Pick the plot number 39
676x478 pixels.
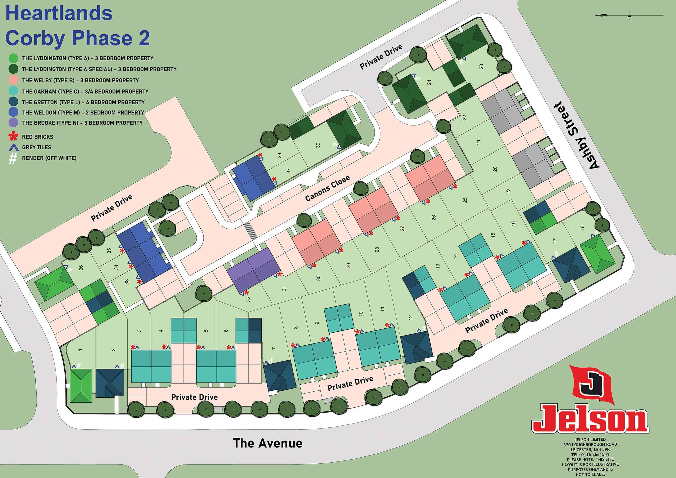(x=318, y=145)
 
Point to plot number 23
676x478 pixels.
(x=481, y=67)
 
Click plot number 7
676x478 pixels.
(x=274, y=349)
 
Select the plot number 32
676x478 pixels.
(x=248, y=299)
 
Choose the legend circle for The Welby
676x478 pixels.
(x=14, y=80)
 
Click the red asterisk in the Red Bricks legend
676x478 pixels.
(x=13, y=136)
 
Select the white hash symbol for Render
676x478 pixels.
(x=13, y=158)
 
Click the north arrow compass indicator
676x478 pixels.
(x=629, y=15)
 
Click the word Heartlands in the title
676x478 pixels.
(x=59, y=13)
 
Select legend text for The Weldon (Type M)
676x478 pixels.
(x=83, y=113)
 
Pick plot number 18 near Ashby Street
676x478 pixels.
(x=582, y=228)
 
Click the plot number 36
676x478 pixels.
(x=81, y=268)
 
